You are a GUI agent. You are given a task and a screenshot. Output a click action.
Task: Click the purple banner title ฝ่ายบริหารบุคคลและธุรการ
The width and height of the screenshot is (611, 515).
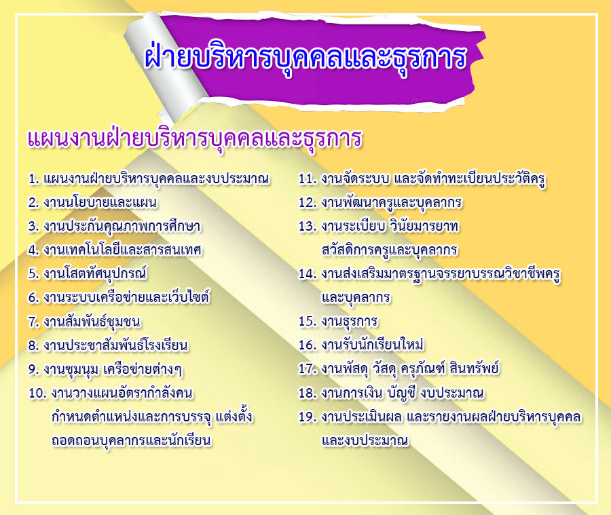pos(305,58)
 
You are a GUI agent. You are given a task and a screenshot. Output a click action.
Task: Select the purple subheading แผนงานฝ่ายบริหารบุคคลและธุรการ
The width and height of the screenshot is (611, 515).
pos(195,138)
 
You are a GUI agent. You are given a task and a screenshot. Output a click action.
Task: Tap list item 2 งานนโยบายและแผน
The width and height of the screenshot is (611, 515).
pos(93,203)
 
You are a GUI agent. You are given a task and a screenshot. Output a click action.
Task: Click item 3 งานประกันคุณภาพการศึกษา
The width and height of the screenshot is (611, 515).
pos(114,227)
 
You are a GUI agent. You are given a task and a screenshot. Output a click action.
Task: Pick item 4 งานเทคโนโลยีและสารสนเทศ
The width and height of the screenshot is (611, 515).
pos(115,250)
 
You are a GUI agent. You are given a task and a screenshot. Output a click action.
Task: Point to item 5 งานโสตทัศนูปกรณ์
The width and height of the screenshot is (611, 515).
pos(88,273)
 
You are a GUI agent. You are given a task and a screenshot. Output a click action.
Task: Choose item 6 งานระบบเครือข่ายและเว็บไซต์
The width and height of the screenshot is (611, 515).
pos(119,297)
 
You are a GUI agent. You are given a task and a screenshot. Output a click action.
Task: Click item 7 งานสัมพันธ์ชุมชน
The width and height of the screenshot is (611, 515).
pos(84,322)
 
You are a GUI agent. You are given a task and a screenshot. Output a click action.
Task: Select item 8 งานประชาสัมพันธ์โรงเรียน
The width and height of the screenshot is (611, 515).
pos(108,345)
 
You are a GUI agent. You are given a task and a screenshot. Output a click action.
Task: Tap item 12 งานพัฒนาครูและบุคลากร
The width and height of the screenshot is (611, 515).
pos(380,203)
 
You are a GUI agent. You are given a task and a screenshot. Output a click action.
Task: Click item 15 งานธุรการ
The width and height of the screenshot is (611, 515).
pos(338,322)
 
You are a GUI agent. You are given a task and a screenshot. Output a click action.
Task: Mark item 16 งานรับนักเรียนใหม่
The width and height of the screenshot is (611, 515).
pos(361,345)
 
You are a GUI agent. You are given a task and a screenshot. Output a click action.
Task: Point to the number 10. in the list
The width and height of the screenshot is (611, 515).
pos(37,393)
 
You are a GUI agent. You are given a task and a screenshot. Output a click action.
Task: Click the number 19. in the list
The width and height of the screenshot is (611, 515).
pos(308,417)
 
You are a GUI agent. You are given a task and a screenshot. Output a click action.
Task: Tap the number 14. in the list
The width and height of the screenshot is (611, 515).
pos(308,274)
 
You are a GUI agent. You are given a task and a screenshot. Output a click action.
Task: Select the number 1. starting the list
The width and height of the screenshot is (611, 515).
pos(34,179)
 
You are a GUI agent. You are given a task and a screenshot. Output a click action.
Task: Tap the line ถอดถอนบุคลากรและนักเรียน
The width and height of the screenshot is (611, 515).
pos(132,441)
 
